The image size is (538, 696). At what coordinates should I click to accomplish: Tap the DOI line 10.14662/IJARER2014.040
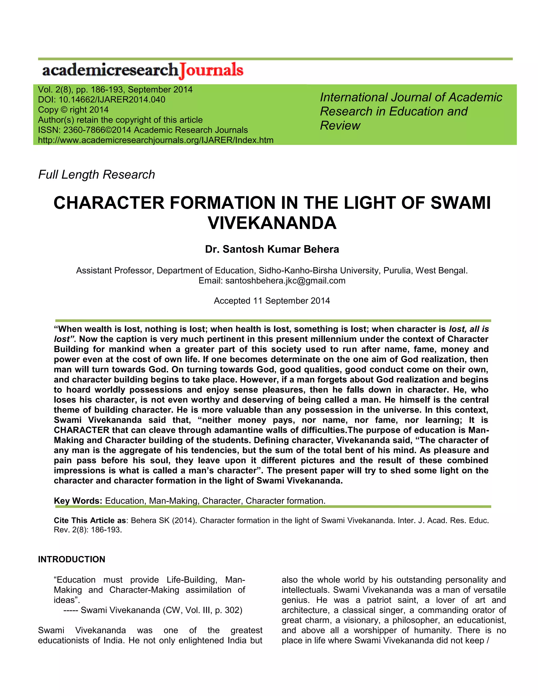[x=112, y=100]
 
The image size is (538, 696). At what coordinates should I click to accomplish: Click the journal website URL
[x=156, y=140]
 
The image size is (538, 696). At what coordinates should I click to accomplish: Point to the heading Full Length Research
[x=97, y=175]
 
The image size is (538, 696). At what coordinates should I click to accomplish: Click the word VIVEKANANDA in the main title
[x=272, y=223]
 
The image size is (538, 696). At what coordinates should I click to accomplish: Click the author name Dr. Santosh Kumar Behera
[x=272, y=249]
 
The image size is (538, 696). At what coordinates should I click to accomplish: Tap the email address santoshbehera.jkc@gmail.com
[x=285, y=281]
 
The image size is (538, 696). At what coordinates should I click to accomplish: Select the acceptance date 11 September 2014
[x=291, y=301]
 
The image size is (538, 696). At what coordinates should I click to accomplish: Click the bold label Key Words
[x=77, y=501]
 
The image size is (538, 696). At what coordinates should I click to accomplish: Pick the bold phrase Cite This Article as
[x=90, y=520]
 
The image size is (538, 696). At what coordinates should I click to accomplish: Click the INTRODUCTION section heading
[x=71, y=559]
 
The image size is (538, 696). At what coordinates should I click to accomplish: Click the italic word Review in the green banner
[x=340, y=126]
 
